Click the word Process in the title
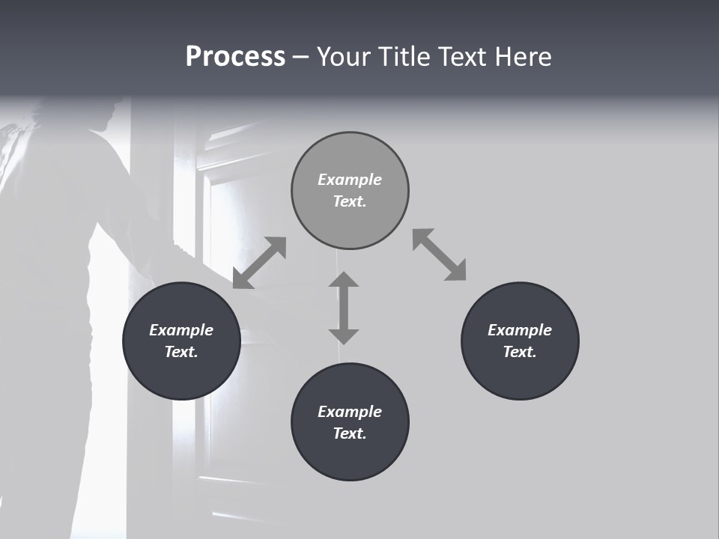(x=235, y=57)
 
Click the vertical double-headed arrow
(x=344, y=308)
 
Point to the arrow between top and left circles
(x=259, y=263)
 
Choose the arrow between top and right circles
(x=440, y=255)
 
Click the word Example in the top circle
(x=350, y=180)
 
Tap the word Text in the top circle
(x=349, y=201)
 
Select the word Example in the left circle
(x=181, y=330)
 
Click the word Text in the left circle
(x=181, y=352)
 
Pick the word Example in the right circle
(x=520, y=330)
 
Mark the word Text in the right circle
(x=520, y=352)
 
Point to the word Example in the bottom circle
(x=350, y=412)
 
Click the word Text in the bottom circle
(x=349, y=433)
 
